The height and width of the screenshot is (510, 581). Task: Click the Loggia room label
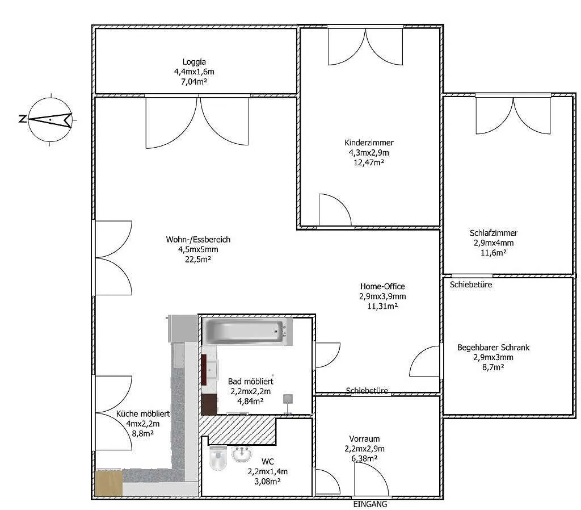194,62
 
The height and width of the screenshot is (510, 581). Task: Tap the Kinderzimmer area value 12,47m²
369,162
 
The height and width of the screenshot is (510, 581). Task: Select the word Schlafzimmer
494,233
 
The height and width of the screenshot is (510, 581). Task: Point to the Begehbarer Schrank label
493,348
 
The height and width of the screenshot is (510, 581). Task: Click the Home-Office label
382,286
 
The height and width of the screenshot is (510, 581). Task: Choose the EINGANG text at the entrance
370,504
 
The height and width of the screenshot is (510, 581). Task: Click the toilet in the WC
218,458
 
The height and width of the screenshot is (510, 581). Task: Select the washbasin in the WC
242,454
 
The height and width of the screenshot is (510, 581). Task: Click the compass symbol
50,119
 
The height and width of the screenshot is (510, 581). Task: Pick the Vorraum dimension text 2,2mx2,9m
365,449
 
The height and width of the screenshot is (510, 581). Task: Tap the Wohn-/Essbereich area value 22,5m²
198,260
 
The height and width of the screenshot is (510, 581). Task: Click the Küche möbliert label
143,414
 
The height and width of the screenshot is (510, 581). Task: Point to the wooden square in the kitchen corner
109,483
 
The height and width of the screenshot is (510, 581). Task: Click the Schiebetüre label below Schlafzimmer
471,285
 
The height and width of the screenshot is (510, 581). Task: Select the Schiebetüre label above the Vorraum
367,391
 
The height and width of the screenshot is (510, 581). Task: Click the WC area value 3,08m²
268,482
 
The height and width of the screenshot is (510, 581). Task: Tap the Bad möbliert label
250,381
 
